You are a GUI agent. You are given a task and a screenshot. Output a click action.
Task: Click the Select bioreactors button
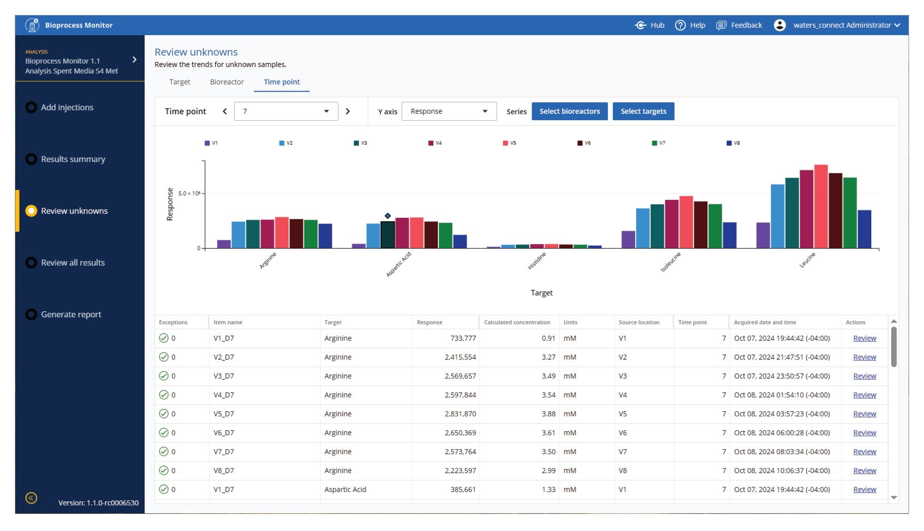[x=569, y=111]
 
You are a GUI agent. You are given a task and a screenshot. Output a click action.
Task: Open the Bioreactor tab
[x=226, y=82]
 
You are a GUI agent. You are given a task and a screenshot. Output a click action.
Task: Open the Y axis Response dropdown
[x=449, y=111]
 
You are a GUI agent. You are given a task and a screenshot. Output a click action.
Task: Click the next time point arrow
[x=348, y=111]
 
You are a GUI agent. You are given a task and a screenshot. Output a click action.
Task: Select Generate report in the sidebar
[x=71, y=315]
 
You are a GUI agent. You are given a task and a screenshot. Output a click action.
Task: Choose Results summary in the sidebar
[x=73, y=159]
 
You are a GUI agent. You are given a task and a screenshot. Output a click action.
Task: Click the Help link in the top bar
[x=690, y=25]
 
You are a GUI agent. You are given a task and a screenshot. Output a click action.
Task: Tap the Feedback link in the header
[x=739, y=25]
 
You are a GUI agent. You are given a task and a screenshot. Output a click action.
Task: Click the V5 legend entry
[x=510, y=143]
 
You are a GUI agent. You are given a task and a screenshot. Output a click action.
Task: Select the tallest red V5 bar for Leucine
[x=821, y=206]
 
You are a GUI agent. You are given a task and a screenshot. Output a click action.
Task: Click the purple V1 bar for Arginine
[x=224, y=244]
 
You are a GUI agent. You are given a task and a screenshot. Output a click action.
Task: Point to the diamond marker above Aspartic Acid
[x=388, y=216]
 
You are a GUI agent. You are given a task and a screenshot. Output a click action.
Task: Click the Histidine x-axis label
[x=537, y=261]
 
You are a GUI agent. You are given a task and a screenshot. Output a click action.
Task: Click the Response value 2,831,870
[x=460, y=414]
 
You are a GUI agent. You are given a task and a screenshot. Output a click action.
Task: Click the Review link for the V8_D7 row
[x=864, y=471]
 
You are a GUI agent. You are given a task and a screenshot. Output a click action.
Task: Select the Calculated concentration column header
[x=517, y=322]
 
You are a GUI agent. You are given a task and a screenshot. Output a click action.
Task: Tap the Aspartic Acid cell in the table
[x=345, y=489]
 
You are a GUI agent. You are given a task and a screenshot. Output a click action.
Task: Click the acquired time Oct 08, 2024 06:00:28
[x=781, y=433]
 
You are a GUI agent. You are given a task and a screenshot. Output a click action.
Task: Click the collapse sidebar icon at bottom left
[x=31, y=498]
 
